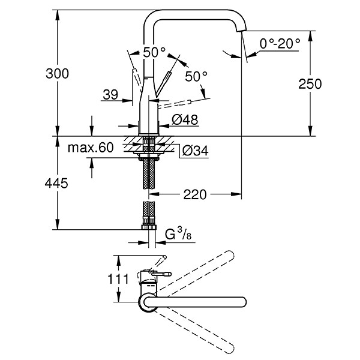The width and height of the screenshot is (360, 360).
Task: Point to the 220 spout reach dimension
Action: point(195,194)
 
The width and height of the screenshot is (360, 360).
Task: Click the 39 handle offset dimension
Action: point(110,94)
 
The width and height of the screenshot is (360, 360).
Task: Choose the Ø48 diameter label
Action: point(184,120)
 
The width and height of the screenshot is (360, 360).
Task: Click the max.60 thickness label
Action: point(91,148)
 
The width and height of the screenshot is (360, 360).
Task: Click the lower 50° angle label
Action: point(196,77)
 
